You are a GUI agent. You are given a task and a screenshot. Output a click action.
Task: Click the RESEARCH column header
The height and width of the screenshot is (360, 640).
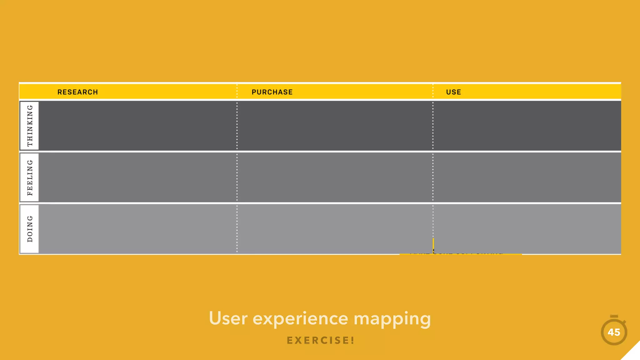point(77,92)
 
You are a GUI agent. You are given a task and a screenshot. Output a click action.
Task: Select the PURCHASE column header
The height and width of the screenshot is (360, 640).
point(272,92)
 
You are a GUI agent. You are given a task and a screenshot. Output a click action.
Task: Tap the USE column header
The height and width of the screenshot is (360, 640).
point(453,92)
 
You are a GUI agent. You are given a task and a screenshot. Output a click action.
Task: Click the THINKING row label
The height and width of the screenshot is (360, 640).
point(30,126)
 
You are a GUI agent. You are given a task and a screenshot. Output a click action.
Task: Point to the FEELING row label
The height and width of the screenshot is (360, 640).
point(30,177)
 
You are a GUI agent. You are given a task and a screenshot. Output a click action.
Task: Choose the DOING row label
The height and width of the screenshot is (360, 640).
point(30,229)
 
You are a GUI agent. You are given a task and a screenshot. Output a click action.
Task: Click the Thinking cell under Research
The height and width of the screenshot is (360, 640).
point(137,126)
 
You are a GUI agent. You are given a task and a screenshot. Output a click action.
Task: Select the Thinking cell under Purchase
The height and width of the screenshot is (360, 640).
point(335,126)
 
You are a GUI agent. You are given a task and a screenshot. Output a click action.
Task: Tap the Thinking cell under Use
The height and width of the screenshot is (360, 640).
point(527,126)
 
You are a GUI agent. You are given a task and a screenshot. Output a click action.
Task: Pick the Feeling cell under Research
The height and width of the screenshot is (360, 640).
point(137,177)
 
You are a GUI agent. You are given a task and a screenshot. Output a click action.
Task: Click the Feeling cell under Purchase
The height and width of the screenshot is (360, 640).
point(335,177)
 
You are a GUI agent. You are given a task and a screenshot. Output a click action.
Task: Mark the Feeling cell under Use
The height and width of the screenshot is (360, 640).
point(527,177)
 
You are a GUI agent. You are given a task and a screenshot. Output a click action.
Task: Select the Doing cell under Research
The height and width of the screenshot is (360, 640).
point(137,229)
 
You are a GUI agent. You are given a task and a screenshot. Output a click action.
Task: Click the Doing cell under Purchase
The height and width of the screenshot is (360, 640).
point(335,229)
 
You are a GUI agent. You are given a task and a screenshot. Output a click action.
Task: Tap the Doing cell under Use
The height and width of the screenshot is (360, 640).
point(527,229)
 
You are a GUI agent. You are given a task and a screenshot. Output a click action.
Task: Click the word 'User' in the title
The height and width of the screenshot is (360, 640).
point(228,319)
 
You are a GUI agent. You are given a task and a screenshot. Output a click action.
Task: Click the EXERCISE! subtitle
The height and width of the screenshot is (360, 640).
point(321,340)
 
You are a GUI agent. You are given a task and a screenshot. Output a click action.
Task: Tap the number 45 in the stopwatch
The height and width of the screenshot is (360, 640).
point(614,332)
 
